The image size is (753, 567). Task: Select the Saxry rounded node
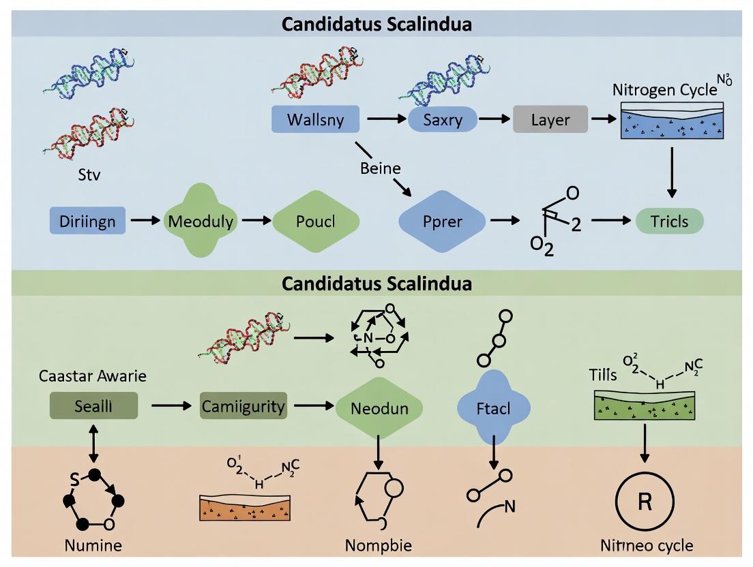442,120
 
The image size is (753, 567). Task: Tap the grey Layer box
550,120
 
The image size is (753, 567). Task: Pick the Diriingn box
87,221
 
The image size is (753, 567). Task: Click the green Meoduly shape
201,221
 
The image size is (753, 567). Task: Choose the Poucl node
315,221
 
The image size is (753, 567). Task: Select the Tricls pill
669,221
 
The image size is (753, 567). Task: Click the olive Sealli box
94,406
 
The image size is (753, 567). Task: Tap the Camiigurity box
243,407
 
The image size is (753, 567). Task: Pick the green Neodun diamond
379,408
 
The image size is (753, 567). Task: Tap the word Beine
381,168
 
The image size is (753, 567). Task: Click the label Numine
93,545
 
